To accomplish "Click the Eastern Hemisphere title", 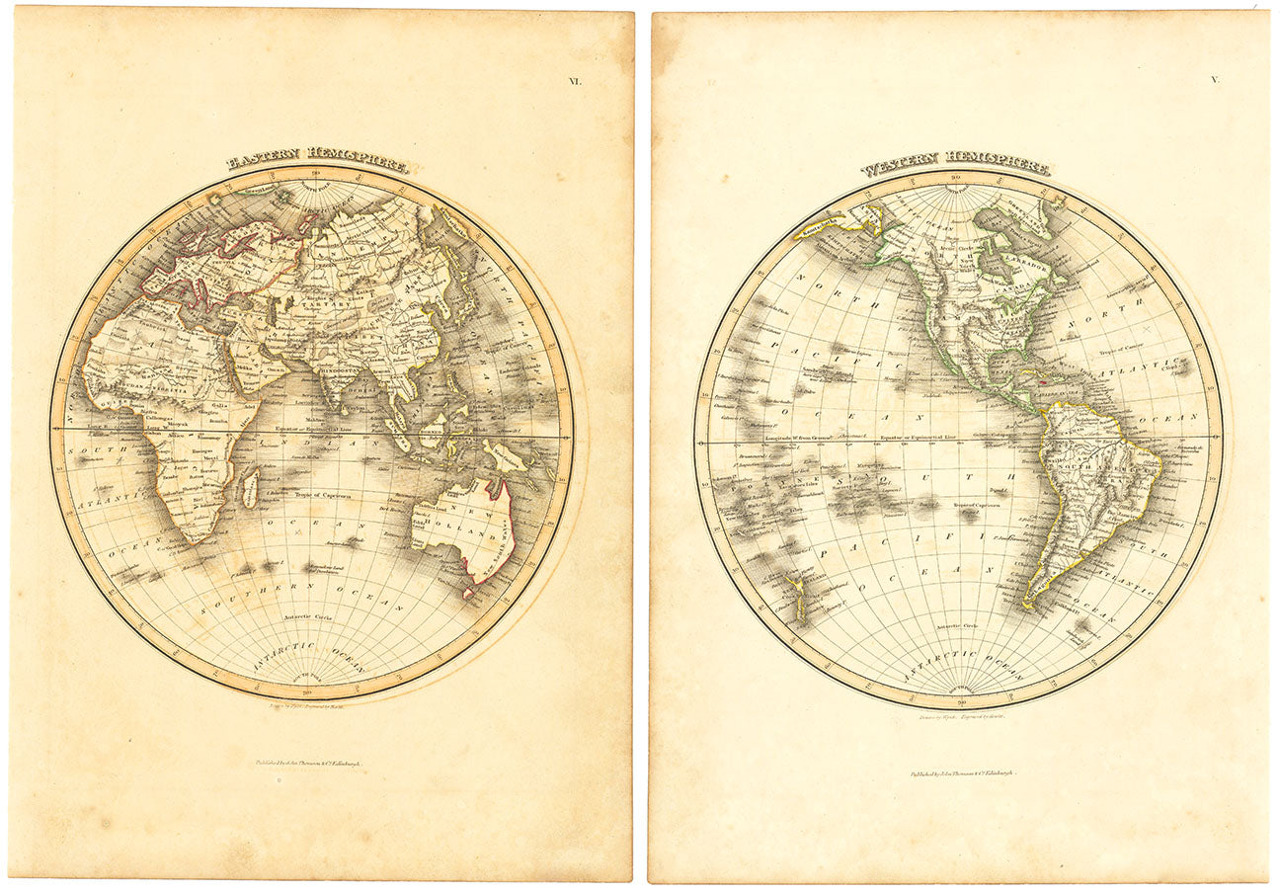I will [317, 162].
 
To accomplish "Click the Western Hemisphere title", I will [954, 164].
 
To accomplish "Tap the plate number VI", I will [574, 81].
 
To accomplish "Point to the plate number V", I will [1214, 79].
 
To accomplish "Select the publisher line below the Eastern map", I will [309, 763].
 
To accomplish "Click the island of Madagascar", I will [251, 488].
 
